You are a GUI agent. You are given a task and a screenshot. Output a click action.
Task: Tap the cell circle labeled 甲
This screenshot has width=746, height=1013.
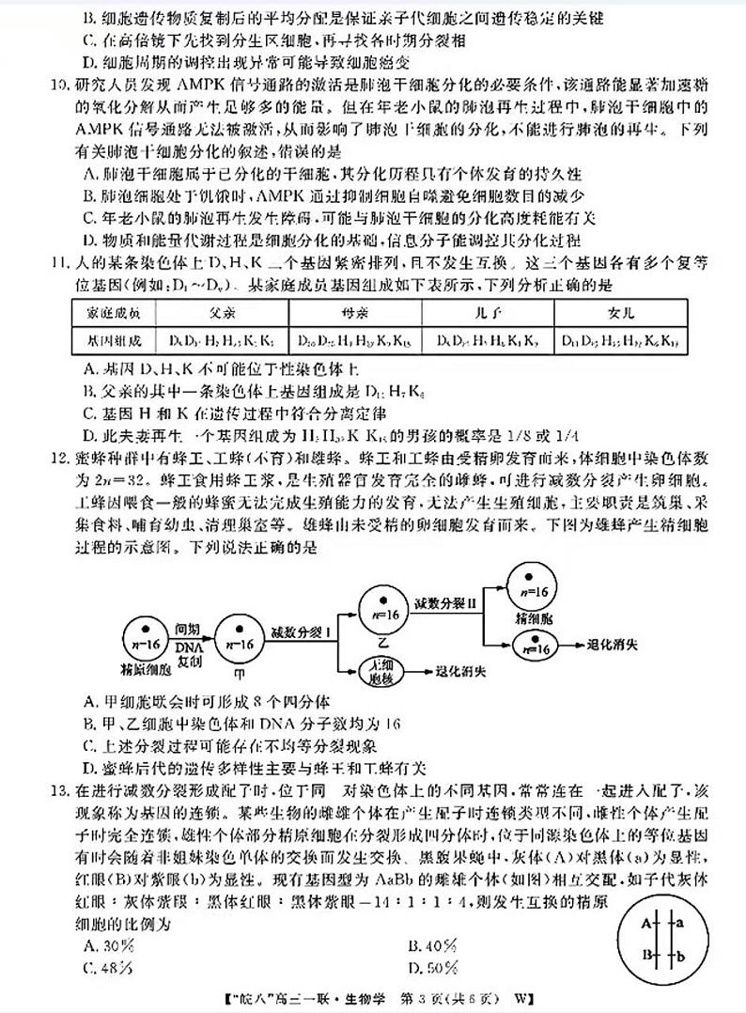(x=238, y=643)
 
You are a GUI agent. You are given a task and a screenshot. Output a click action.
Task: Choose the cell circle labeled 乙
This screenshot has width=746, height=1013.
(x=382, y=613)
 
